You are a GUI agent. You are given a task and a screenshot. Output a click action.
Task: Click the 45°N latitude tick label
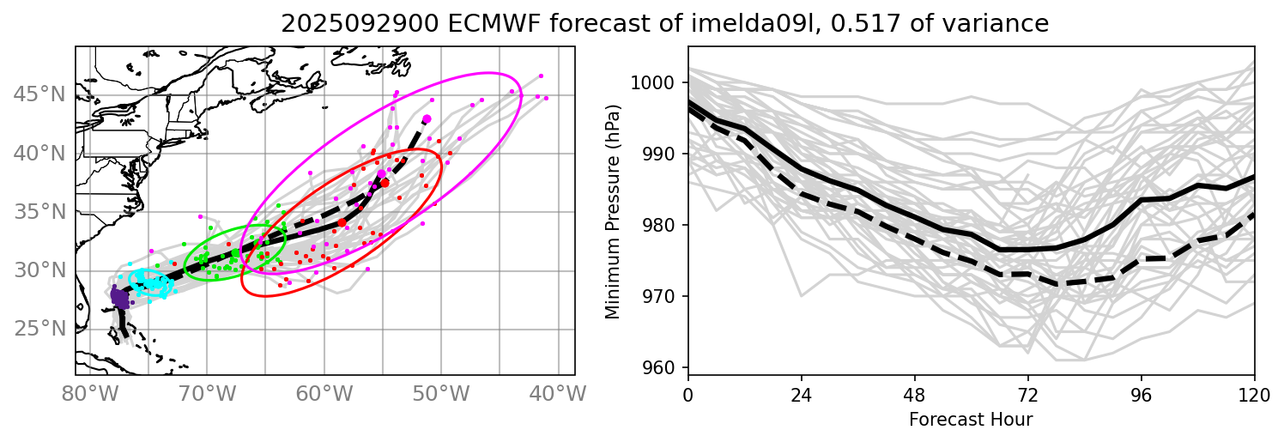tap(39, 94)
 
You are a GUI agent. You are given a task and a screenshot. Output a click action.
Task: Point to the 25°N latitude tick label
tap(39, 329)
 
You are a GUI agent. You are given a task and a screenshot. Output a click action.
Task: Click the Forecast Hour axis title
tap(971, 421)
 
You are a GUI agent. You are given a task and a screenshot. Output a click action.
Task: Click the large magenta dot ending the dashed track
tap(427, 118)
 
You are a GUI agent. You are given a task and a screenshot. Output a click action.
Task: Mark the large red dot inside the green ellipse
tap(235, 252)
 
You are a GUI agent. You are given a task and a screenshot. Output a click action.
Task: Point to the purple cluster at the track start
tap(119, 298)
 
